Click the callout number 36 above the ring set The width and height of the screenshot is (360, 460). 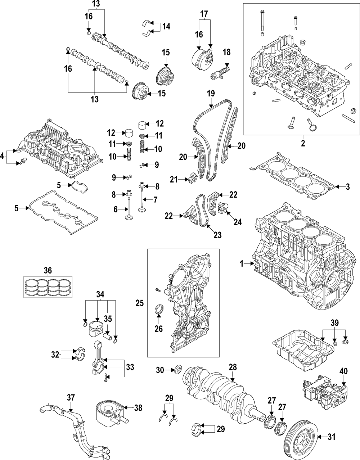48,270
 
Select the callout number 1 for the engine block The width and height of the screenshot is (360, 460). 242,264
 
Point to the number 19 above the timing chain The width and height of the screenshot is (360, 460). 211,94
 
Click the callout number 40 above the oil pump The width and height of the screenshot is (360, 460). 343,370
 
